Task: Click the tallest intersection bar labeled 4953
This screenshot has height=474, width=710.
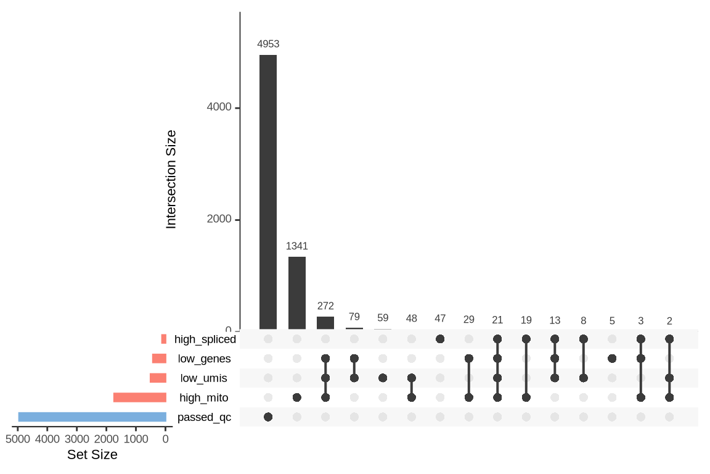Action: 268,192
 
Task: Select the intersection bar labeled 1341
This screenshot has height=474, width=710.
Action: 297,293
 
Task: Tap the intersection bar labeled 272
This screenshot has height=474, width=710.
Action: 325,323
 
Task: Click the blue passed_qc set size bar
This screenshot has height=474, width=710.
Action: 92,417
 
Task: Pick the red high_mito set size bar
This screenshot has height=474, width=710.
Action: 140,397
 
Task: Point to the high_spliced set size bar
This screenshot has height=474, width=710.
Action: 164,339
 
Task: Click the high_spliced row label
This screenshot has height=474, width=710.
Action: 205,339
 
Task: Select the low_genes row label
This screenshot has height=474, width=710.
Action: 205,359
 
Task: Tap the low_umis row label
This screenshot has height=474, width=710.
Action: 204,378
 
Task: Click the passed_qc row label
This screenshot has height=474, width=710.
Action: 204,417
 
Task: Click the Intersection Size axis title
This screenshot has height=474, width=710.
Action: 171,179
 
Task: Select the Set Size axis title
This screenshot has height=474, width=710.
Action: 92,455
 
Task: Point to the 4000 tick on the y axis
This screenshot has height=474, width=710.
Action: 219,107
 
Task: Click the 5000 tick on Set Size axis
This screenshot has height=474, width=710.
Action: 18,439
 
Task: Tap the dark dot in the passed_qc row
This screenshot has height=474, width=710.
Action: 268,417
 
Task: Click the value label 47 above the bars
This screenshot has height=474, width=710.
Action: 440,318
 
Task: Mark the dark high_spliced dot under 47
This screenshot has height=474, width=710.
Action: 440,339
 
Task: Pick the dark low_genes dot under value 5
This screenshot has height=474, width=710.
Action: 612,359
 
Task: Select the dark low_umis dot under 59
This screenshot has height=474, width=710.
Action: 383,378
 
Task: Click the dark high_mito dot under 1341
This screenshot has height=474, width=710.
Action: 297,397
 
